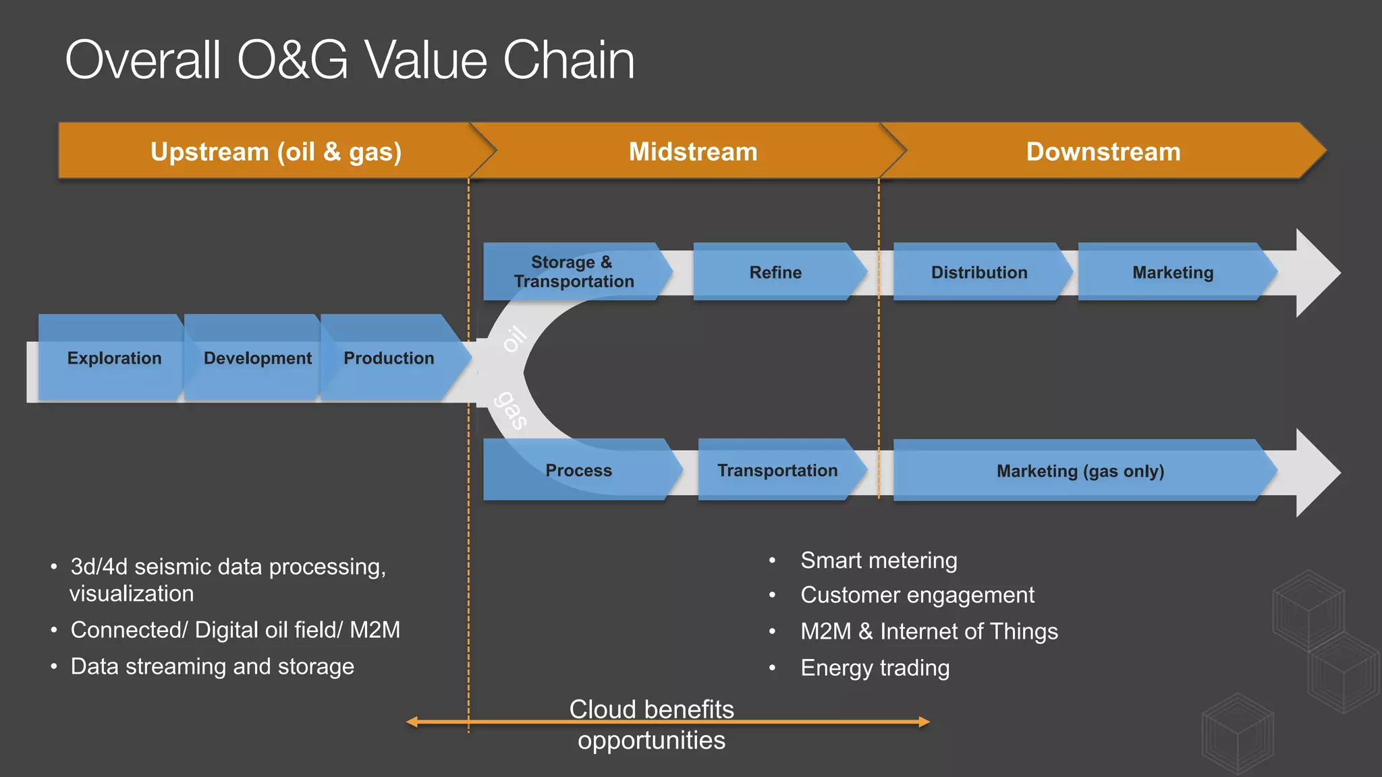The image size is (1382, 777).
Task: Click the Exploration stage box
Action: tap(113, 358)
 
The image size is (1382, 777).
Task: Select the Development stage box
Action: tap(257, 358)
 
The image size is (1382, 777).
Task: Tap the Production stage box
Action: tap(389, 358)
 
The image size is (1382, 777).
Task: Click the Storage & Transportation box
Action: tap(573, 272)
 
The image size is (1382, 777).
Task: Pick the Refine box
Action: tap(775, 272)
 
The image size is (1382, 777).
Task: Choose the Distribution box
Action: tap(978, 272)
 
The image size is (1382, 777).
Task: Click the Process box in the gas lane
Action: tap(578, 470)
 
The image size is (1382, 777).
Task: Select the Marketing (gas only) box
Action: tap(1080, 471)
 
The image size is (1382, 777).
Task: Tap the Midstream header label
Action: tap(692, 152)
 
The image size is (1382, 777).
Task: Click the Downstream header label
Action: tap(1103, 152)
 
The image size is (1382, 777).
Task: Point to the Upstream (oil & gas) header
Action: tap(276, 152)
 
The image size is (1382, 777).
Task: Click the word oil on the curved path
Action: tap(515, 339)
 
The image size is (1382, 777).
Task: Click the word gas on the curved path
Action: tap(511, 409)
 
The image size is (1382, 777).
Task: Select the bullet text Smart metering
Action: tap(878, 560)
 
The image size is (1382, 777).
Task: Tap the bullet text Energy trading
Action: tap(875, 668)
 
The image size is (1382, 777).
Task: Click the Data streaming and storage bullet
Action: tap(212, 666)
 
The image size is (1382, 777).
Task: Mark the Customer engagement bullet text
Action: tap(916, 595)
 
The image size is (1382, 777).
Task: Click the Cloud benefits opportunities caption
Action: tap(651, 724)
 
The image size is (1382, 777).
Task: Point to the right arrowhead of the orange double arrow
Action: tap(924, 722)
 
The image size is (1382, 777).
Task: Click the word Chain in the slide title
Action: tap(568, 61)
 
